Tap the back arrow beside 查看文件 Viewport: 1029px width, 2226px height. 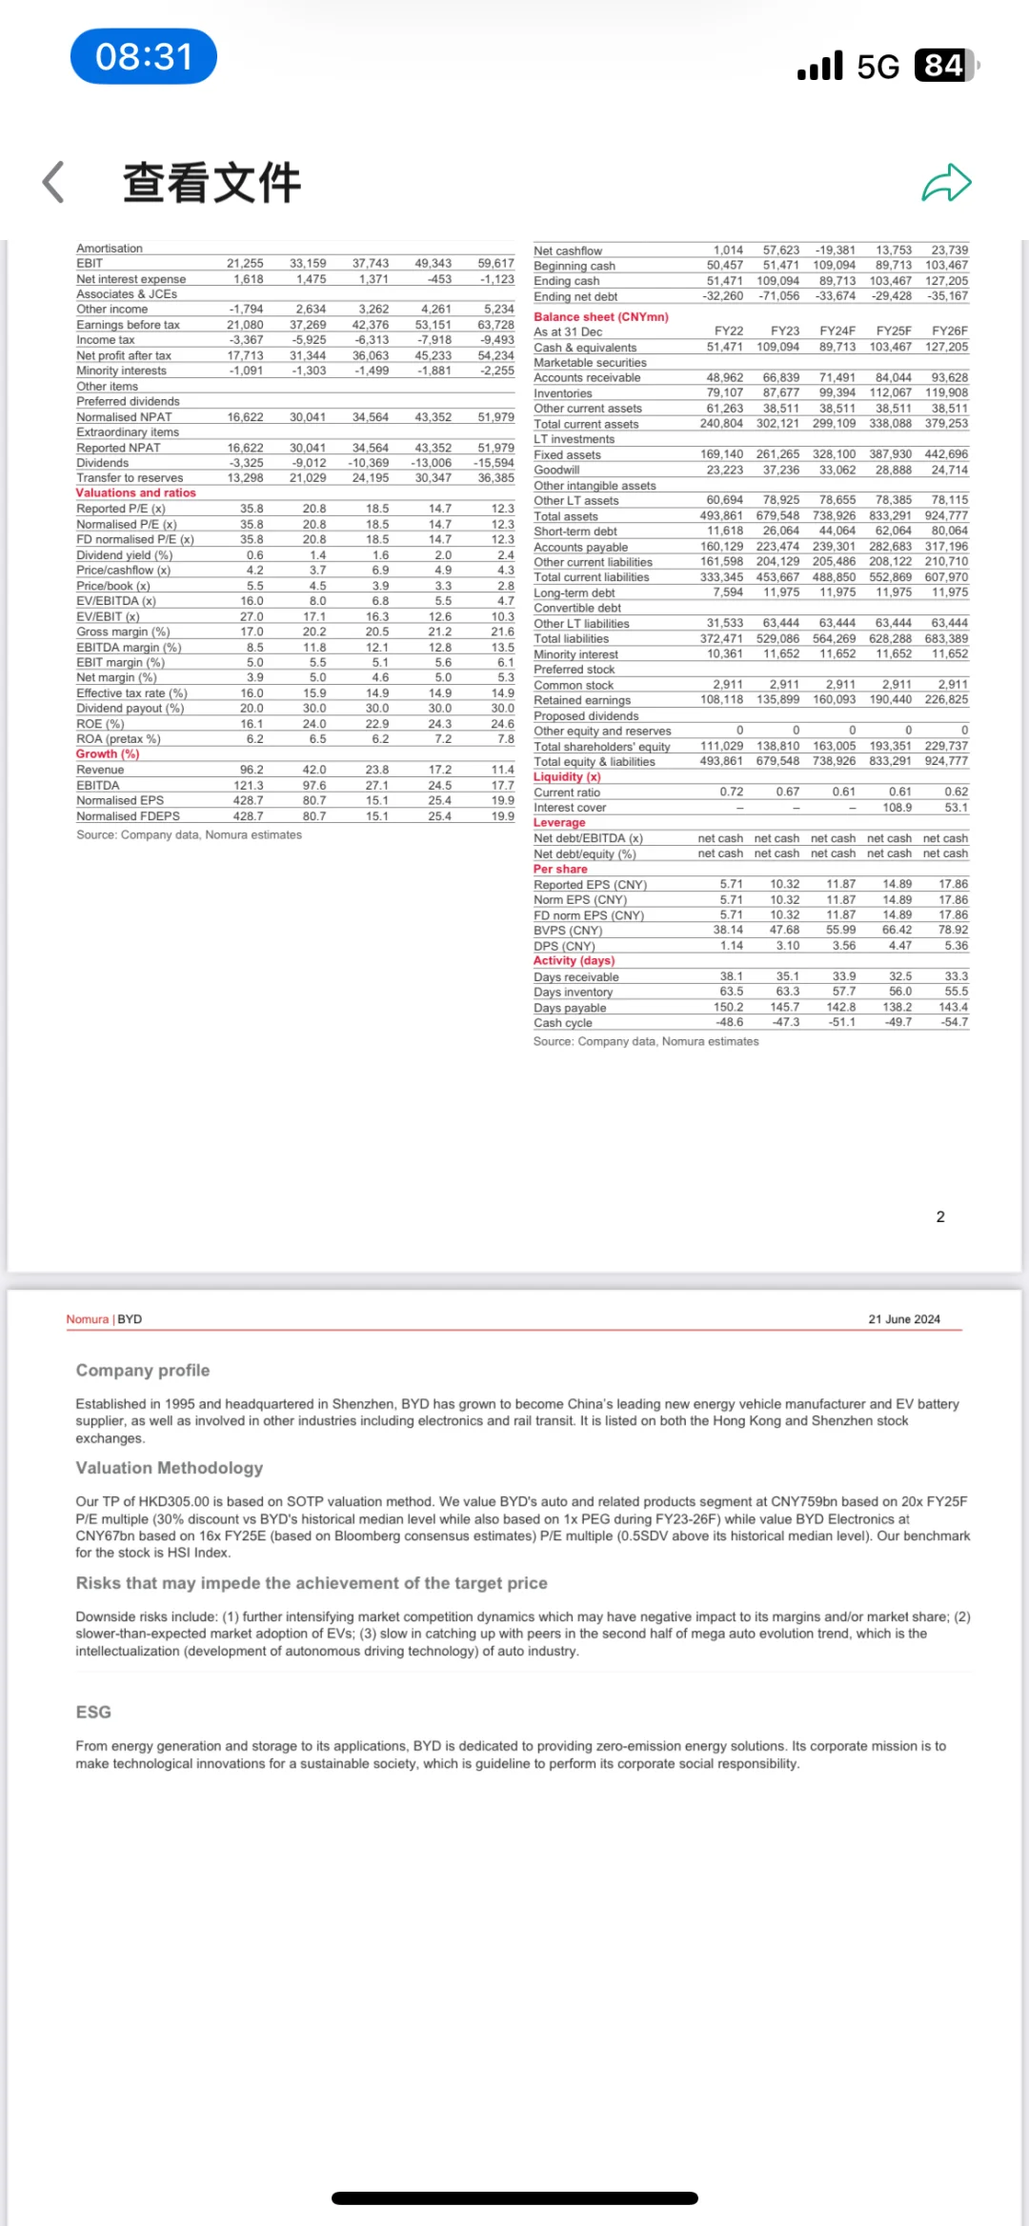pos(54,182)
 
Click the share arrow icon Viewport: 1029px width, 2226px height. pos(946,183)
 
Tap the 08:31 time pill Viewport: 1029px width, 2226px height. pos(144,57)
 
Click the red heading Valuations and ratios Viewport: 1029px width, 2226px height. pos(136,493)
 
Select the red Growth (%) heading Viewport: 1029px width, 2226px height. pos(108,754)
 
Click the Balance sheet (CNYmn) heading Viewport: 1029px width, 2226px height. pos(601,317)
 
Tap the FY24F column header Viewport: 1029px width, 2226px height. pos(837,331)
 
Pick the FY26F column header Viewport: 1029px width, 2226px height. pos(950,331)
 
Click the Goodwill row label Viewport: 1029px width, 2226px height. pos(556,471)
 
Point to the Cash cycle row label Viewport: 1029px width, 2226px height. pos(563,1023)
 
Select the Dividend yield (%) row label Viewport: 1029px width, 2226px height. pos(125,555)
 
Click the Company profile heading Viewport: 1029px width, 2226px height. pos(143,1371)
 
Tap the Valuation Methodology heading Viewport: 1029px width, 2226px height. pos(170,1468)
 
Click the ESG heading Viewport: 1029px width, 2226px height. pos(93,1712)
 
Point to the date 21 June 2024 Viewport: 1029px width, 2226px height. pos(904,1319)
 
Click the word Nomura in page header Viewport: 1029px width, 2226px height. pos(88,1319)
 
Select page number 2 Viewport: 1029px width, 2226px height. pos(940,1216)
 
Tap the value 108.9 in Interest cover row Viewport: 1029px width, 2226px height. pos(897,808)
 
